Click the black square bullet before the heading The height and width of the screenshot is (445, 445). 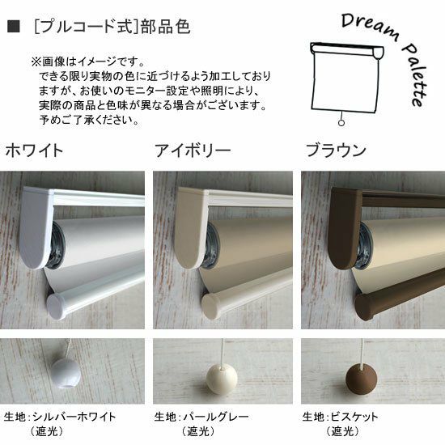pyautogui.click(x=13, y=27)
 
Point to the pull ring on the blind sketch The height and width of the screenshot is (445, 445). pyautogui.click(x=341, y=123)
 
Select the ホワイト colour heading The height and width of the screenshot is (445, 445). pyautogui.click(x=34, y=150)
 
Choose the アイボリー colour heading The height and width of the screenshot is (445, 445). pyautogui.click(x=193, y=150)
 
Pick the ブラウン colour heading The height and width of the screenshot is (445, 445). pyautogui.click(x=336, y=150)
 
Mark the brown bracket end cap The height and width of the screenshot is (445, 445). pyautogui.click(x=345, y=228)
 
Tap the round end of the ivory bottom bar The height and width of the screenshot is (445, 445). pyautogui.click(x=211, y=305)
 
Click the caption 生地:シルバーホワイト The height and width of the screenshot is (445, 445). pyautogui.click(x=60, y=417)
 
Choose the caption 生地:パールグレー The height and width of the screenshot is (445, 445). pyautogui.click(x=201, y=417)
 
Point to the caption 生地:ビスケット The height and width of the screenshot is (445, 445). pyautogui.click(x=340, y=417)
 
